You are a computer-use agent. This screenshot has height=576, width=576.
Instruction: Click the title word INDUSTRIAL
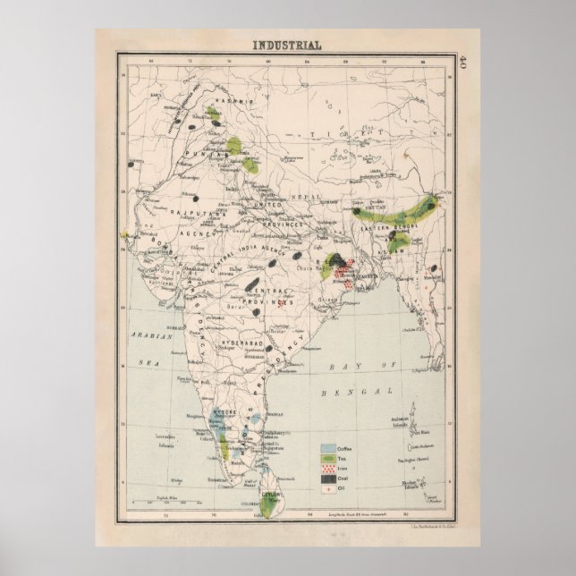(288, 45)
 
